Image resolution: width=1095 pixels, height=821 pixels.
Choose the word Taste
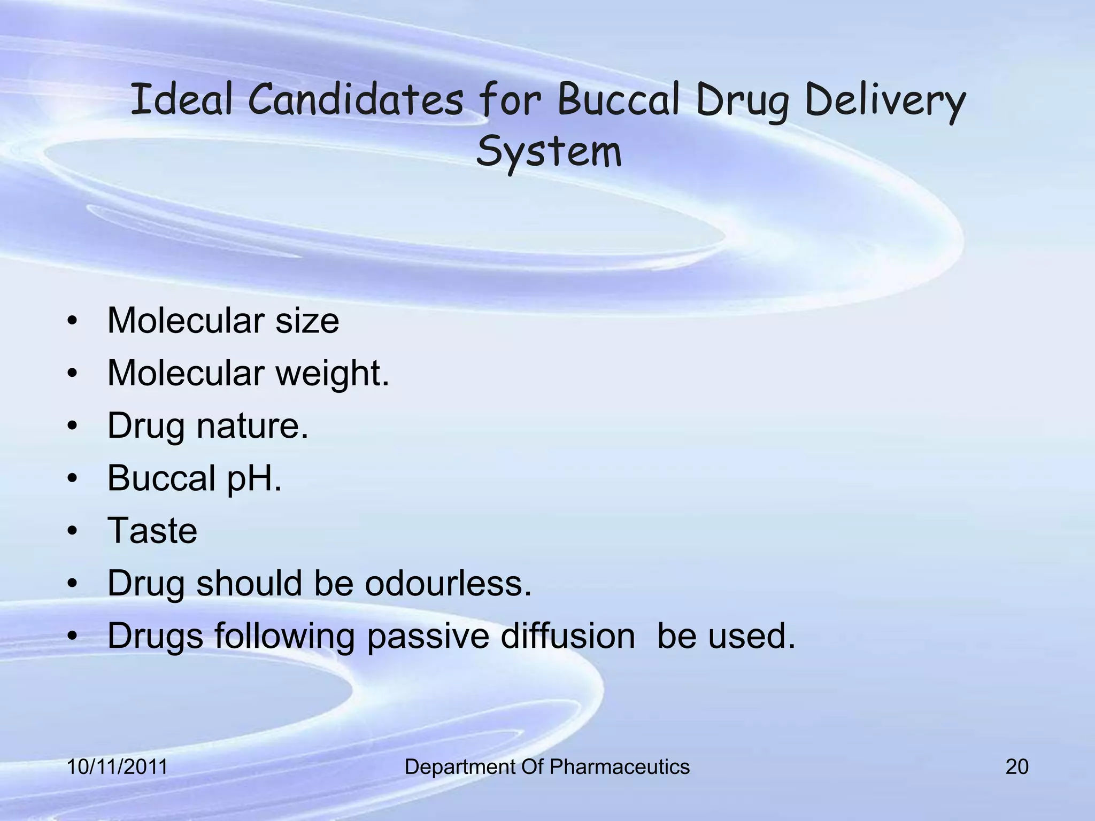(152, 530)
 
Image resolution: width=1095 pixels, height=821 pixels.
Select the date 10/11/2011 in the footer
(117, 767)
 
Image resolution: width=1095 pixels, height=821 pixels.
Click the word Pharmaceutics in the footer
(619, 767)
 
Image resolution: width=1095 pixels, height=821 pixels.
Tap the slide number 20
(1016, 767)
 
